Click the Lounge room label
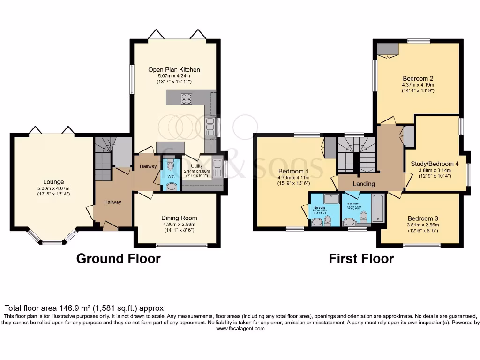pyautogui.click(x=54, y=182)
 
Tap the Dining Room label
pyautogui.click(x=179, y=217)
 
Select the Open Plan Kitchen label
pyautogui.click(x=173, y=70)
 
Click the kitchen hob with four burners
pyautogui.click(x=186, y=98)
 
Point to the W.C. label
pyautogui.click(x=171, y=177)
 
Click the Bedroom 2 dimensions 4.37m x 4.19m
pyautogui.click(x=418, y=85)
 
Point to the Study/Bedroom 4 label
pyautogui.click(x=435, y=164)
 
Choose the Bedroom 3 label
pyautogui.click(x=422, y=218)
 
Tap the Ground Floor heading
pyautogui.click(x=118, y=258)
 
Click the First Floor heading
pyautogui.click(x=361, y=258)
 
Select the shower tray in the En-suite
pyautogui.click(x=331, y=199)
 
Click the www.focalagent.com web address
pyautogui.click(x=240, y=329)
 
